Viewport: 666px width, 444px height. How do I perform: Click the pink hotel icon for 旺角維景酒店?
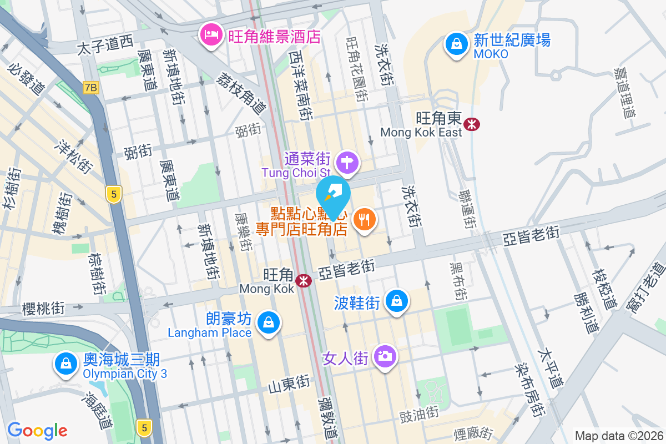point(211,36)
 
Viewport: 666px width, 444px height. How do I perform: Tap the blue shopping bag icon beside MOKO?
point(456,44)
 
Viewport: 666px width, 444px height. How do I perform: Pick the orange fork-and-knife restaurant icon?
point(364,220)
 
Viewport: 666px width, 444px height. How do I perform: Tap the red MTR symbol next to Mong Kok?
point(304,281)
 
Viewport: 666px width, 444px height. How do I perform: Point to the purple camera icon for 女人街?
point(384,355)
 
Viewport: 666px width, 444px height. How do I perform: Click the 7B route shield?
point(91,88)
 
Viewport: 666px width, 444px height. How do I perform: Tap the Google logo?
point(37,431)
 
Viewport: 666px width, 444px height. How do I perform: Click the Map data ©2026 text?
point(618,436)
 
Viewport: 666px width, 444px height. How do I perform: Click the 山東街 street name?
point(289,383)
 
